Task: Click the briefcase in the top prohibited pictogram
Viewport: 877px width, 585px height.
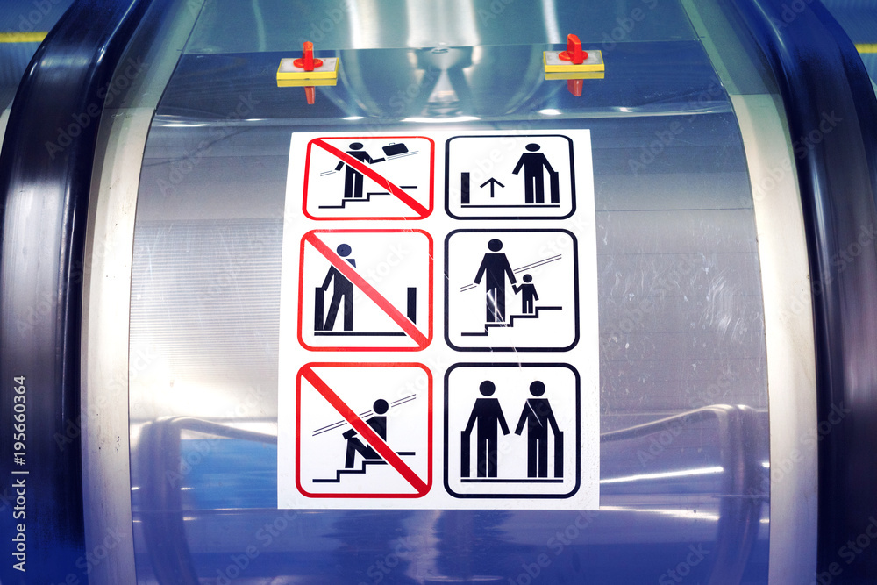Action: point(396,149)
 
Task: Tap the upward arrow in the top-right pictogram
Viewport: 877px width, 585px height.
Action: point(492,187)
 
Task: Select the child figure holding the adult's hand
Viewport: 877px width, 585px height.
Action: point(527,294)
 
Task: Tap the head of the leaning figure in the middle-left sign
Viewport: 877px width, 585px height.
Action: point(344,251)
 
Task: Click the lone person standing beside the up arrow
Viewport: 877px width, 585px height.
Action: point(532,173)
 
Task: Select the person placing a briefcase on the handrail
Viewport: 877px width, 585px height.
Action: point(354,170)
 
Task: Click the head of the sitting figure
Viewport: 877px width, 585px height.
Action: point(380,407)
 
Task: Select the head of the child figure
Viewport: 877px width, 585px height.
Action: point(527,279)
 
